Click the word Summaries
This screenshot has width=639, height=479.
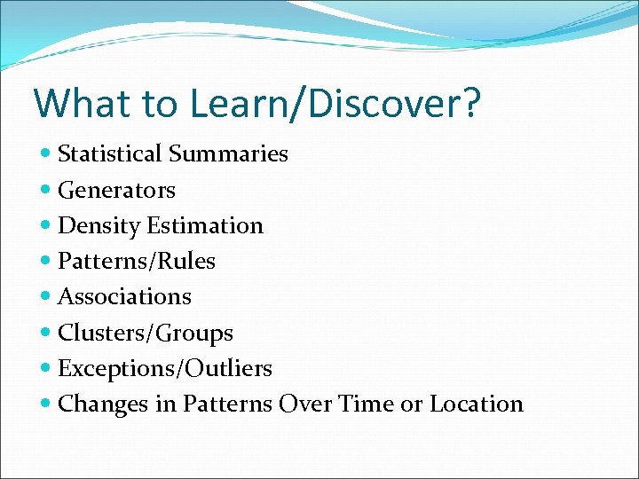pos(228,154)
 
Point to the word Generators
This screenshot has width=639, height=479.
pos(116,190)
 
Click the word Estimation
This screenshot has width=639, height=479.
pos(205,226)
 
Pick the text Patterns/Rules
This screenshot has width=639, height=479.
pos(136,262)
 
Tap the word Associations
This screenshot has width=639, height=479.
pos(124,297)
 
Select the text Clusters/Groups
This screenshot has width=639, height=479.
pos(145,334)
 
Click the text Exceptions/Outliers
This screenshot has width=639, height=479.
pos(164,368)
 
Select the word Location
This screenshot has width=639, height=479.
pos(477,404)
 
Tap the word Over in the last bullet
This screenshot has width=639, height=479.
pos(304,404)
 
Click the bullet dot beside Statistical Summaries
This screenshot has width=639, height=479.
pos(46,154)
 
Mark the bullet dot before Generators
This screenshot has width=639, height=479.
pos(46,190)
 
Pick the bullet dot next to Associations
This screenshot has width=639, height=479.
pos(46,297)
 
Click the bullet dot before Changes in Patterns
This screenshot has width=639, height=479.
pos(46,404)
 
